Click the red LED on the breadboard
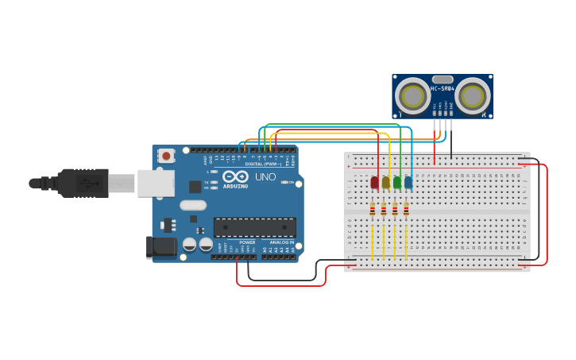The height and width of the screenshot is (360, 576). coord(374,183)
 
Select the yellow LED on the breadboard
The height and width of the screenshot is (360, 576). coord(386,183)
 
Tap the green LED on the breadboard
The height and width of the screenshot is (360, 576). coord(397,183)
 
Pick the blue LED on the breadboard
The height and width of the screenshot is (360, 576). coord(408,183)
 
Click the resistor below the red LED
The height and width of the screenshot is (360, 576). coord(373,209)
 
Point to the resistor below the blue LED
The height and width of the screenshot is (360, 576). coord(406,209)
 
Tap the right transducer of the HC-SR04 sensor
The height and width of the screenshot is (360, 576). coord(472,96)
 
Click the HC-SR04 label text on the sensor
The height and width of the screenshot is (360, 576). coord(443,88)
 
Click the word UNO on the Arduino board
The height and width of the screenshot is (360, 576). coord(265,176)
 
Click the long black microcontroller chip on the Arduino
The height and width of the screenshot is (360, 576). coord(254,227)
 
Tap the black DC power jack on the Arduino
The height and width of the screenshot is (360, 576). coord(162,247)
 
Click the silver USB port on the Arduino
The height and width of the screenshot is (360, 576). coord(156,183)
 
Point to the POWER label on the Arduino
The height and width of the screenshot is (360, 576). coord(247,242)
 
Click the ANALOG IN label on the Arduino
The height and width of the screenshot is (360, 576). coord(281,242)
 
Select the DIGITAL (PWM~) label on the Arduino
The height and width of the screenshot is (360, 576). coord(265,164)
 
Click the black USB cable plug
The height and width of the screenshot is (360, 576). coord(83,183)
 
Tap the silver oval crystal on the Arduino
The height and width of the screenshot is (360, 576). coord(193,205)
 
